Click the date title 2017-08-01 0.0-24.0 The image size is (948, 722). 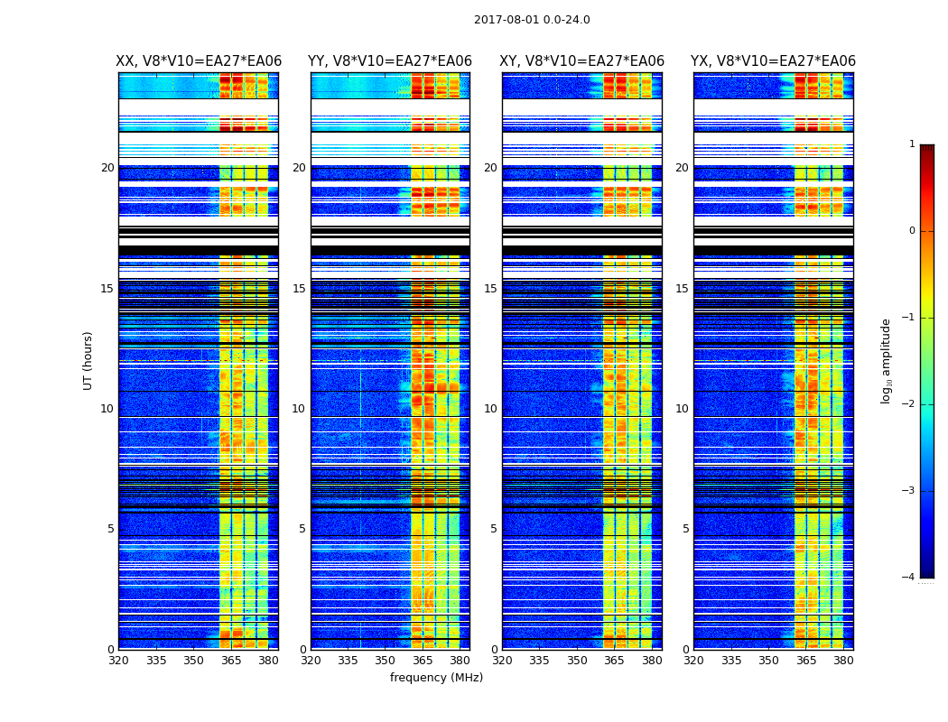click(532, 20)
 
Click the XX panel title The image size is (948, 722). click(199, 61)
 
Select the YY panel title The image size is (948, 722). click(390, 61)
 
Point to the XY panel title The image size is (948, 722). click(582, 61)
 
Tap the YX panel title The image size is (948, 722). click(773, 61)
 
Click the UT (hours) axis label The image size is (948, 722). click(88, 360)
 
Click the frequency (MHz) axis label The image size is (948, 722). click(436, 678)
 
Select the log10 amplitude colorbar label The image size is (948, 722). click(887, 360)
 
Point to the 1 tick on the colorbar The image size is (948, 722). click(912, 144)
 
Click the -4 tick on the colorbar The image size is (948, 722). click(909, 578)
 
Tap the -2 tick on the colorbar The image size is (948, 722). click(909, 404)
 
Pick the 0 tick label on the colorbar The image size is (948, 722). click(912, 231)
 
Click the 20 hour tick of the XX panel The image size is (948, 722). click(107, 168)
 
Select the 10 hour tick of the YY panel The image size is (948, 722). click(299, 409)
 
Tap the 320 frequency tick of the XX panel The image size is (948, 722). click(118, 661)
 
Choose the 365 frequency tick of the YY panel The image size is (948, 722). click(423, 661)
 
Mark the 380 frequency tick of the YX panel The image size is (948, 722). click(843, 661)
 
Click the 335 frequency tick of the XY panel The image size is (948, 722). click(539, 661)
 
